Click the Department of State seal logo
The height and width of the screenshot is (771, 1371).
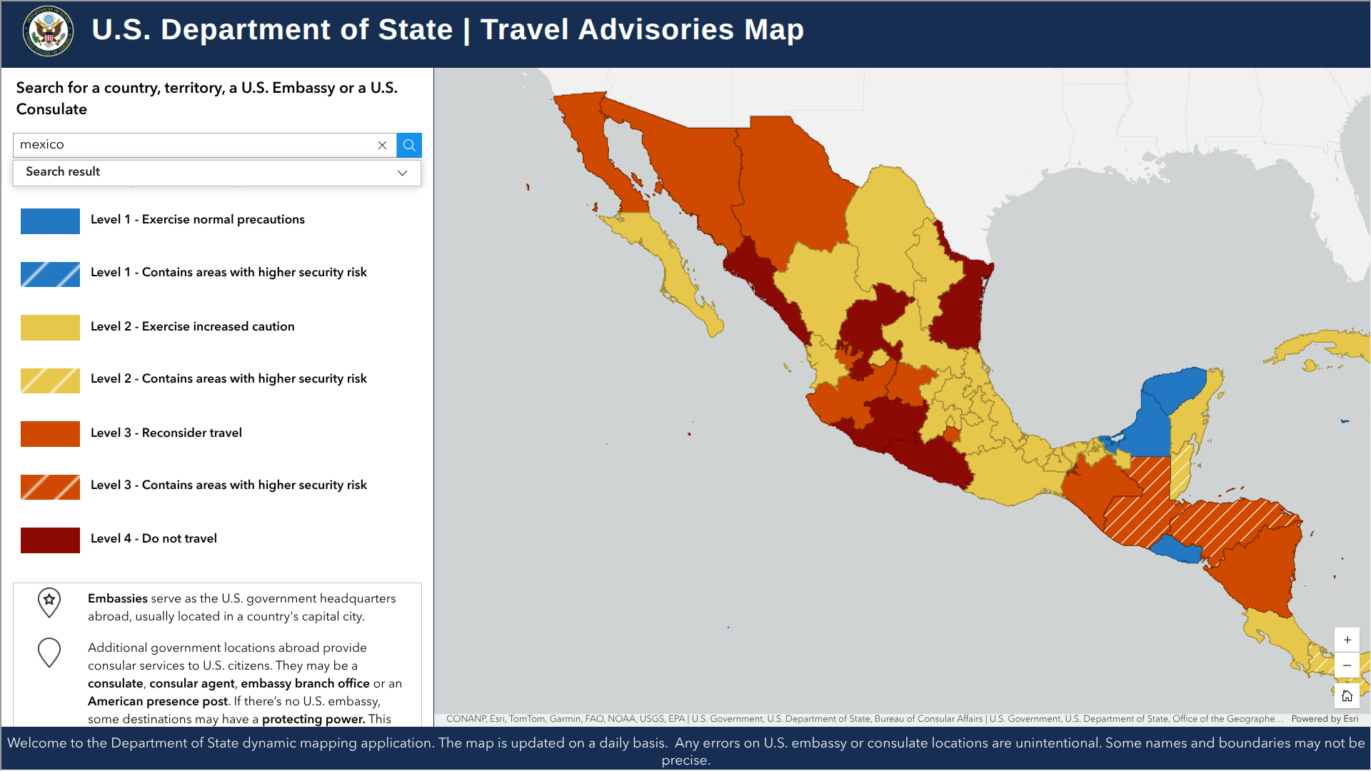coord(48,31)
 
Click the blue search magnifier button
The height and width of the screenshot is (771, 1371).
coord(409,145)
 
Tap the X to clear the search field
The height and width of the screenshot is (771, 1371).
coord(382,145)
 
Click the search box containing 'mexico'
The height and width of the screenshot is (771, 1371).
coord(193,145)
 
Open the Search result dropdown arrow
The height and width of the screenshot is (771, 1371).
coord(403,173)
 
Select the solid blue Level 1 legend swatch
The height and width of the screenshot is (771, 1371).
coord(50,221)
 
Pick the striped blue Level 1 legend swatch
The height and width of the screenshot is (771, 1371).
coord(50,274)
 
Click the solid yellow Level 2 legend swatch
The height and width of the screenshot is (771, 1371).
coord(50,328)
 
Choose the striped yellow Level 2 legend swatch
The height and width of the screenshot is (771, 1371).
coord(50,381)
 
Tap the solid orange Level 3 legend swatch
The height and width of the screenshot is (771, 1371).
coord(50,434)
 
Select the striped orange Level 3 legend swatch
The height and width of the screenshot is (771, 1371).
coord(50,487)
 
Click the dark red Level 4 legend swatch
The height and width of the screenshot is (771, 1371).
coord(50,540)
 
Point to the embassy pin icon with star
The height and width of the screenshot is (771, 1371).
coord(49,602)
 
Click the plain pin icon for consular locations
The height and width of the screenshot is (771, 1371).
coord(49,652)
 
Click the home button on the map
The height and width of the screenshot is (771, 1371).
coord(1347,695)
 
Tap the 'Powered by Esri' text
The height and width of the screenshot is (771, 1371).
coord(1325,719)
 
